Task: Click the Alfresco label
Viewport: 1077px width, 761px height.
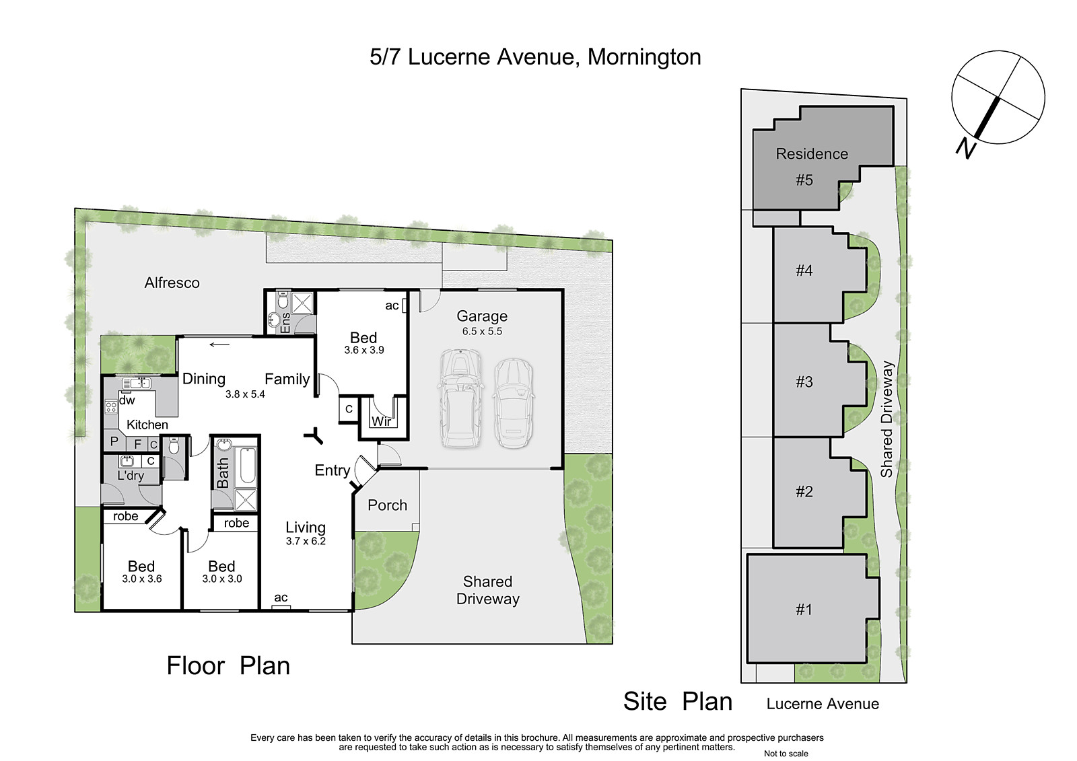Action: [172, 283]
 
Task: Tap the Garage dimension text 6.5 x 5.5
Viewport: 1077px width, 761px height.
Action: [482, 331]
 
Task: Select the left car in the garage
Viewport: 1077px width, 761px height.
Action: [460, 398]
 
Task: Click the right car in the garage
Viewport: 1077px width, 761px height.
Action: [514, 403]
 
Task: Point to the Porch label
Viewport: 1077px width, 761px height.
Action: [388, 505]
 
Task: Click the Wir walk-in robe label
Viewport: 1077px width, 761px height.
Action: [381, 422]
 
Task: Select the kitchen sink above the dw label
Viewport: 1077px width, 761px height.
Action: [137, 383]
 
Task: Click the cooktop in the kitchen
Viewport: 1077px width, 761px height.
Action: [111, 408]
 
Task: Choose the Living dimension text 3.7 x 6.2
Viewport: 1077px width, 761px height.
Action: [306, 541]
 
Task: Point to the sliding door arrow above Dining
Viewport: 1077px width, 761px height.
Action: [219, 345]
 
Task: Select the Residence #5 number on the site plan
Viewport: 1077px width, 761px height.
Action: [804, 180]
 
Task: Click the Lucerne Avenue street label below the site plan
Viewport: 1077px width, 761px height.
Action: [823, 704]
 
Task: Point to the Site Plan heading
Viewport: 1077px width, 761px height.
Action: [678, 701]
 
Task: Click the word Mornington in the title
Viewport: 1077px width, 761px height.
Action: [644, 57]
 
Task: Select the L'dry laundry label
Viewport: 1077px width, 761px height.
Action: [131, 476]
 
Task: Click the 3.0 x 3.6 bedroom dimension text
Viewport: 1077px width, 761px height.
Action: [142, 579]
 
